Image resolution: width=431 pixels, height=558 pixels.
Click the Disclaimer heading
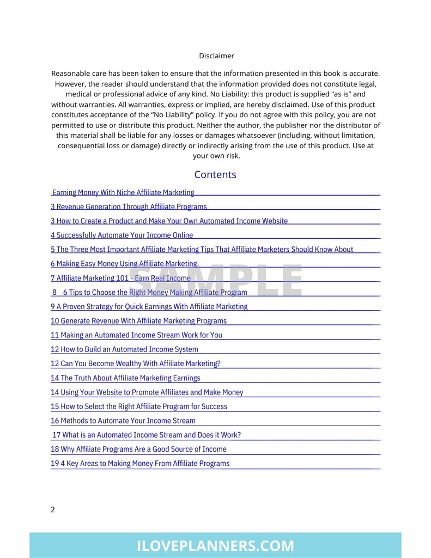pos(216,56)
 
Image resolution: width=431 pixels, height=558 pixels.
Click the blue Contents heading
pos(215,174)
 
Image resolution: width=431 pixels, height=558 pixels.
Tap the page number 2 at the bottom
pos(53,510)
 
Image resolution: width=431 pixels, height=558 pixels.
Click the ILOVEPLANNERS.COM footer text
pos(215,545)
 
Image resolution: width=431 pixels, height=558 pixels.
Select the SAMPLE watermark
pos(215,280)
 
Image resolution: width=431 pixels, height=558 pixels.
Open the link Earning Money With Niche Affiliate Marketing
pos(123,192)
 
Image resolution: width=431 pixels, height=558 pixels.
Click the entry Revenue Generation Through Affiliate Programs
pos(131,207)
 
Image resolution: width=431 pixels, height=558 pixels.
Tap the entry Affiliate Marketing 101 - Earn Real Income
pos(123,278)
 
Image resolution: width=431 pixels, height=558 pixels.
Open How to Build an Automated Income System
pos(129,349)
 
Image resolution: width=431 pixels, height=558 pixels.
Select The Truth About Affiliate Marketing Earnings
pos(130,378)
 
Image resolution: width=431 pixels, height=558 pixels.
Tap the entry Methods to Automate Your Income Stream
pos(128,421)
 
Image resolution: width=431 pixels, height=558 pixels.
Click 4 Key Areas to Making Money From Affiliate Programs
pos(145,463)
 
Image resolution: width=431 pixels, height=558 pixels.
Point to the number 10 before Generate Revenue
pos(54,321)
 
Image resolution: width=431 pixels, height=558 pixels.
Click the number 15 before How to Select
pos(54,407)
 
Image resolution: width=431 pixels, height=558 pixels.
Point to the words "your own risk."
pos(216,156)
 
